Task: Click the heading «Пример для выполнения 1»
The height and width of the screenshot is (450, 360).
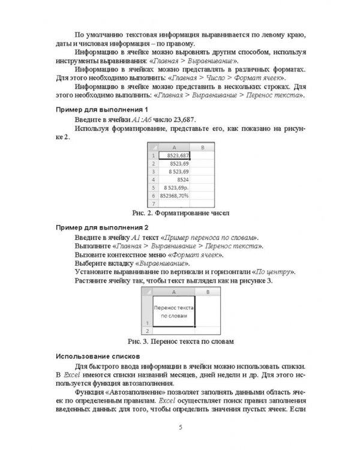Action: coord(101,110)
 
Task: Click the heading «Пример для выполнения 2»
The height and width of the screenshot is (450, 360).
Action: coord(101,228)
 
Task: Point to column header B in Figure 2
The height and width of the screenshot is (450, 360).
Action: coord(203,146)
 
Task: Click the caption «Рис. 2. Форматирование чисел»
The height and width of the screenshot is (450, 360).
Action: coord(179,213)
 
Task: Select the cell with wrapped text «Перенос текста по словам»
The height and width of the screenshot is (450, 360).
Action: coord(174,311)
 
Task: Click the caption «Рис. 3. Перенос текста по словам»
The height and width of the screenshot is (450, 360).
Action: coord(179,341)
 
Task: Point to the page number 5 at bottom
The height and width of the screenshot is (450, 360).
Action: coord(180,427)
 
